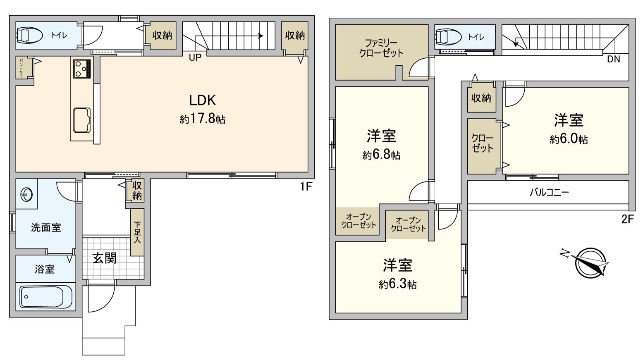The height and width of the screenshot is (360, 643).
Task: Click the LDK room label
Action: pyautogui.click(x=202, y=100)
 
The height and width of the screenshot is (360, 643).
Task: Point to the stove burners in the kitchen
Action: pyautogui.click(x=82, y=69)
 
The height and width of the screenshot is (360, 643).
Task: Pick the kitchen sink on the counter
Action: pyautogui.click(x=81, y=120)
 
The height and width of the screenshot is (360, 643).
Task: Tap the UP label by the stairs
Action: pyautogui.click(x=195, y=58)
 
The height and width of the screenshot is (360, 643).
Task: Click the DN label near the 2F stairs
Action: pyautogui.click(x=614, y=60)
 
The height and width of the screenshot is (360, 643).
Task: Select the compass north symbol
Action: pyautogui.click(x=590, y=262)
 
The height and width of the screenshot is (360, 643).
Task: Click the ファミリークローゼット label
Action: pyautogui.click(x=381, y=48)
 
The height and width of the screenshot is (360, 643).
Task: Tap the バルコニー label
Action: pyautogui.click(x=549, y=192)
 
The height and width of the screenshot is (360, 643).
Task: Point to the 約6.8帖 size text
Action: pyautogui.click(x=381, y=155)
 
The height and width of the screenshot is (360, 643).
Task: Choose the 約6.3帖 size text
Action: pyautogui.click(x=397, y=284)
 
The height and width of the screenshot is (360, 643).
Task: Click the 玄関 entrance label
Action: pyautogui.click(x=104, y=258)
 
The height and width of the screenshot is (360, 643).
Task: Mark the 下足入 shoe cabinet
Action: pyautogui.click(x=137, y=232)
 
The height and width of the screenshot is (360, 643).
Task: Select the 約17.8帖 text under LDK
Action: pyautogui.click(x=202, y=119)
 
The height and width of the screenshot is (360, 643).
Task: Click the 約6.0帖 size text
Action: pyautogui.click(x=569, y=140)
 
